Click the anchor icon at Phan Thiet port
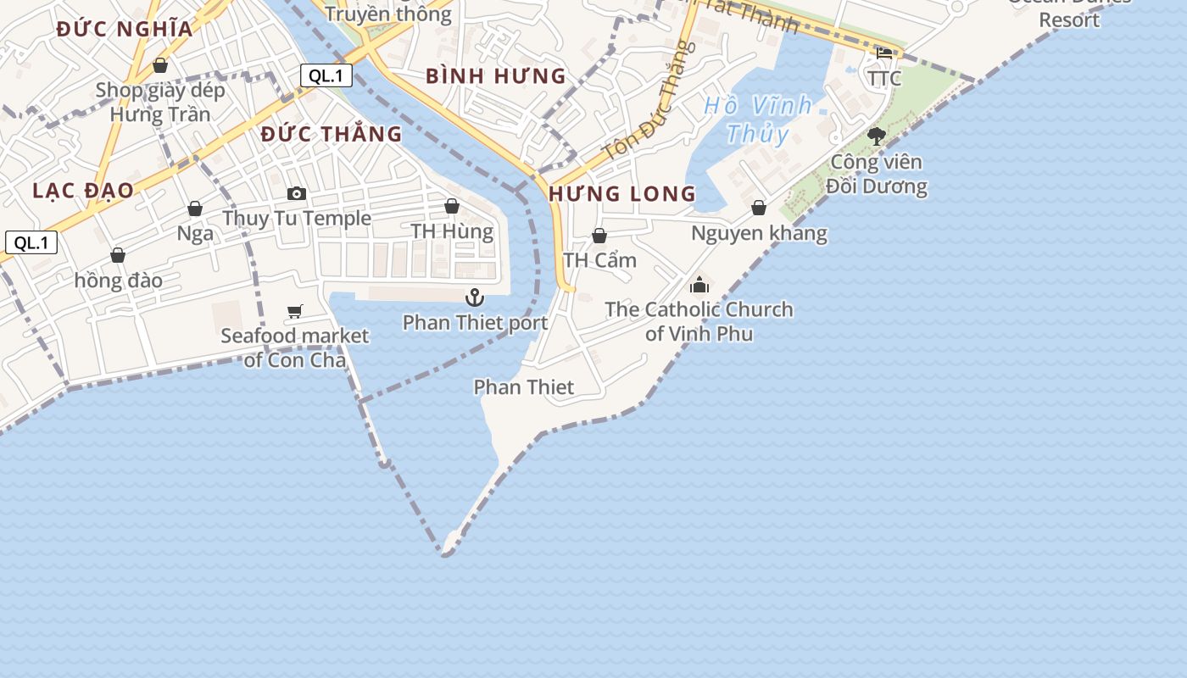(475, 297)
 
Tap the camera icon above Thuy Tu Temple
(296, 194)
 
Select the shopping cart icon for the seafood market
(294, 312)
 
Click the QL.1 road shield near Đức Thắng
(326, 75)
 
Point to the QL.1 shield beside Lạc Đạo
(31, 242)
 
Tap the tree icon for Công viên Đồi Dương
(876, 136)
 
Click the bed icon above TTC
(884, 53)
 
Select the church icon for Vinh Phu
(699, 286)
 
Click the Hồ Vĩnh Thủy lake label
(758, 119)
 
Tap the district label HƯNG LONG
(622, 194)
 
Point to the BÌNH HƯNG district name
(496, 76)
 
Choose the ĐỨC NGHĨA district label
(125, 29)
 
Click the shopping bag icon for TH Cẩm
(599, 236)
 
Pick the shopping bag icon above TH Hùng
(452, 207)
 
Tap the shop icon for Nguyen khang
(759, 208)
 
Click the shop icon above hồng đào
(118, 255)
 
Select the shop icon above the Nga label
(195, 208)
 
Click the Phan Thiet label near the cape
(523, 387)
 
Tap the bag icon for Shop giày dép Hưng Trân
(160, 65)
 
